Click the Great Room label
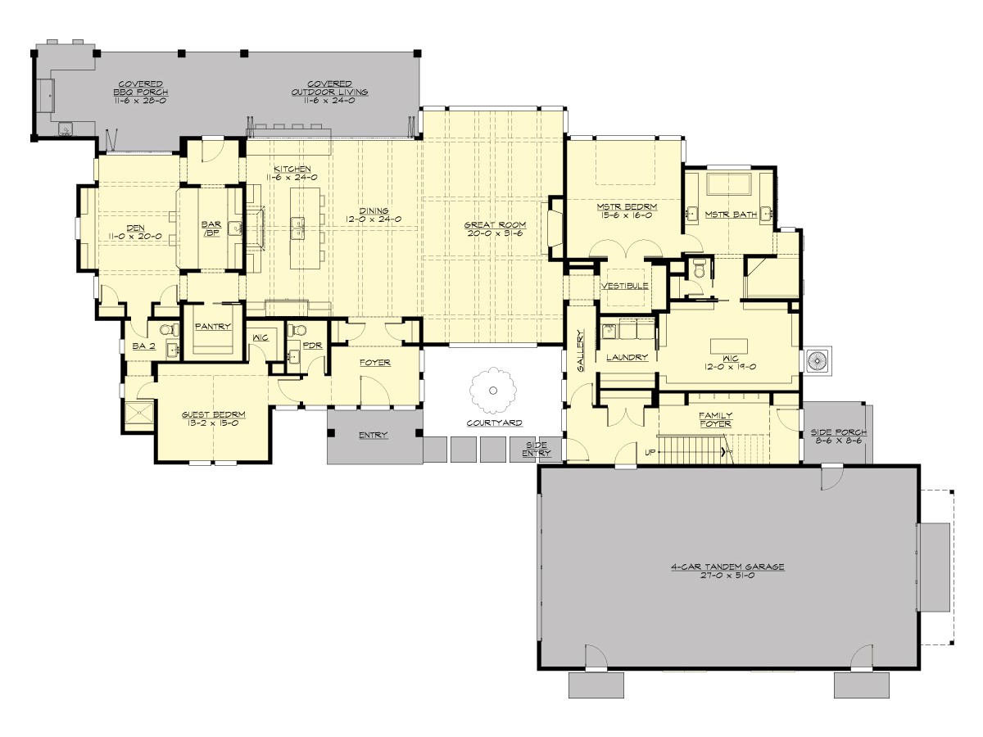(495, 224)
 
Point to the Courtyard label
(495, 423)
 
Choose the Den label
(134, 228)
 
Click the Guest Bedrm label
(213, 415)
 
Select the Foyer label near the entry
(375, 362)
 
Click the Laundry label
(627, 357)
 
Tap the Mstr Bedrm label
(624, 207)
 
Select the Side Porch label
(838, 432)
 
